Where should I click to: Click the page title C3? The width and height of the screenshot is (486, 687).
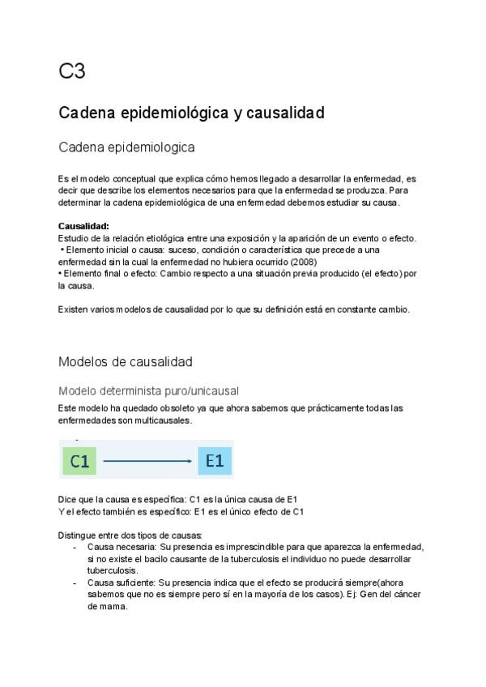point(71,72)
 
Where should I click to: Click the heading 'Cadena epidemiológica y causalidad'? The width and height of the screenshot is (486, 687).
point(191,113)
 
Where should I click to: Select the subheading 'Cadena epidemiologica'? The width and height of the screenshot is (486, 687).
point(126,148)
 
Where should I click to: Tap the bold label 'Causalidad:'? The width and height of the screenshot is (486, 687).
point(83,226)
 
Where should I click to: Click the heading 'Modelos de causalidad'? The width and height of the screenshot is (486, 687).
point(125,361)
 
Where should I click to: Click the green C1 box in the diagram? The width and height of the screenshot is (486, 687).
point(79,462)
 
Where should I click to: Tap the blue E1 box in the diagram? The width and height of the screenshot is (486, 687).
point(215,462)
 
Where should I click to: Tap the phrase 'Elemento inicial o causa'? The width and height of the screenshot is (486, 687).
point(109,250)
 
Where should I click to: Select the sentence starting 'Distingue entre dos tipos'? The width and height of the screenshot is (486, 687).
point(130,536)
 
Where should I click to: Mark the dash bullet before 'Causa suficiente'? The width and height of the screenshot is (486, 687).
point(75,582)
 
